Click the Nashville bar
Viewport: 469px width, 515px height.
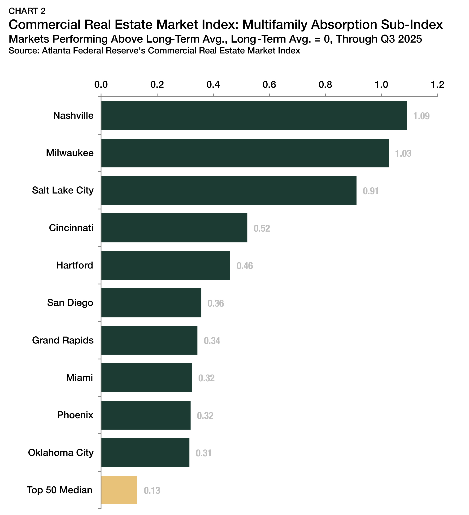click(x=254, y=115)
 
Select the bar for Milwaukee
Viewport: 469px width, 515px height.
click(x=245, y=153)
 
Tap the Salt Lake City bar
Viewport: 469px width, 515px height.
click(x=229, y=190)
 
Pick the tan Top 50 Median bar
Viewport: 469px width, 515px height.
click(x=119, y=490)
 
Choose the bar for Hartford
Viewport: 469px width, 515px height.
click(x=165, y=265)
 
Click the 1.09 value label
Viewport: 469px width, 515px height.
click(x=421, y=116)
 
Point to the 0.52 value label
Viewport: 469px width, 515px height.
click(x=262, y=228)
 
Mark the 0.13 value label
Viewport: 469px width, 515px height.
click(x=152, y=490)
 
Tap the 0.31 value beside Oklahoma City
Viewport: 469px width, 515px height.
click(x=203, y=453)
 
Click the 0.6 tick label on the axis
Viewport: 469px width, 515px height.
click(x=269, y=84)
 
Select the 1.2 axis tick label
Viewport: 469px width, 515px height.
click(x=437, y=84)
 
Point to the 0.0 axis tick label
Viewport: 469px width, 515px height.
click(x=101, y=84)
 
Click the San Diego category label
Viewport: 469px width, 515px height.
click(x=70, y=303)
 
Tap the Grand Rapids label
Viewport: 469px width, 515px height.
click(x=63, y=340)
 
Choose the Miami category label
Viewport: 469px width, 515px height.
click(x=79, y=378)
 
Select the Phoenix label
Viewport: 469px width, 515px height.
click(x=75, y=415)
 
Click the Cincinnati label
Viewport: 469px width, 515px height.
click(x=71, y=228)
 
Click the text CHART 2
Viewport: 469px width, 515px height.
click(x=27, y=11)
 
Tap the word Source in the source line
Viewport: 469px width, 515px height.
click(x=23, y=51)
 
